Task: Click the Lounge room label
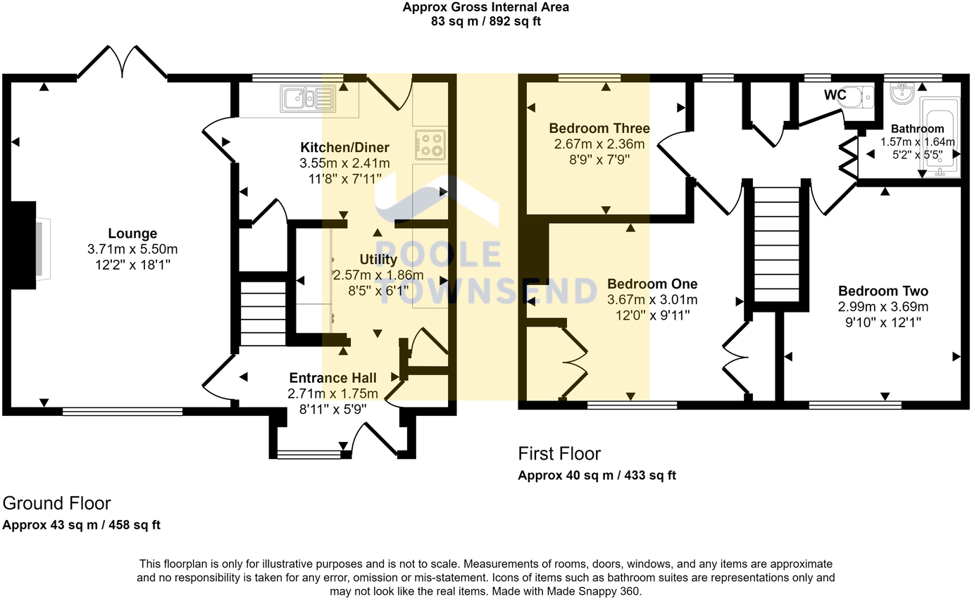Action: (132, 234)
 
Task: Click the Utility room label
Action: (378, 259)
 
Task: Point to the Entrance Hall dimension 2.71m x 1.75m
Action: (332, 393)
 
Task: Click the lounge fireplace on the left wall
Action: (28, 246)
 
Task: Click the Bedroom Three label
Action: (599, 128)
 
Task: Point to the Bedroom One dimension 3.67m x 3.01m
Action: (652, 299)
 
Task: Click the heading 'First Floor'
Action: (559, 453)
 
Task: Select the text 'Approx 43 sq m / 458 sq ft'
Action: (82, 525)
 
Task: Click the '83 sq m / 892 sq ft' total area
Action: (485, 21)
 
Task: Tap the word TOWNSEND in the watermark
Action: (487, 291)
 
